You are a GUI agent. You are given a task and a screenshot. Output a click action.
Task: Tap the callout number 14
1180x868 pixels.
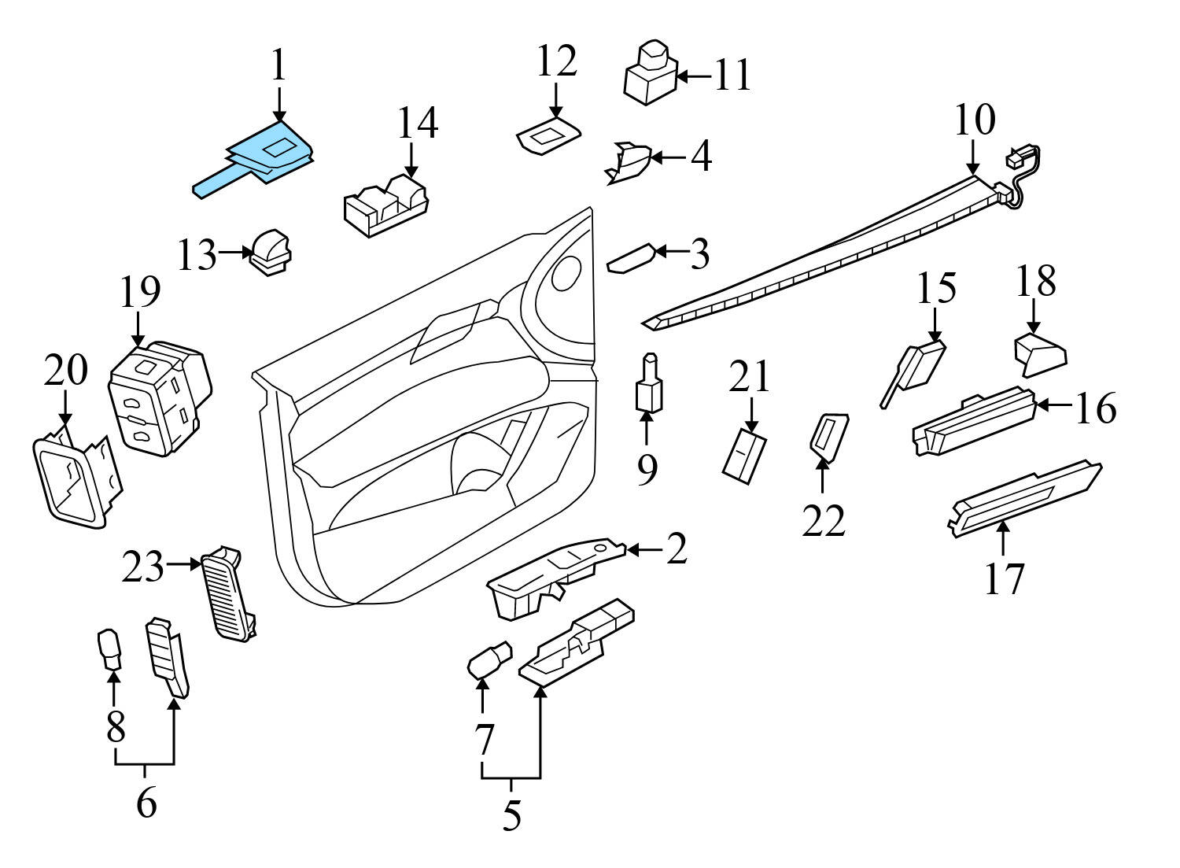pyautogui.click(x=416, y=124)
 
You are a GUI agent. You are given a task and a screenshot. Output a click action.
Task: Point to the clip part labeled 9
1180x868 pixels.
pyautogui.click(x=647, y=385)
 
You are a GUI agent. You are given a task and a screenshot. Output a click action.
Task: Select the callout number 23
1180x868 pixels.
pyautogui.click(x=143, y=567)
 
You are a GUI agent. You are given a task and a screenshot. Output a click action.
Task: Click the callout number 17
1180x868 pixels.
pyautogui.click(x=1005, y=578)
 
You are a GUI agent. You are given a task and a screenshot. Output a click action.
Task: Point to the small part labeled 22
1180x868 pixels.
pyautogui.click(x=828, y=434)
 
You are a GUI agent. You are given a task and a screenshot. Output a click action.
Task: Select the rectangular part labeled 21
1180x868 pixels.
pyautogui.click(x=744, y=453)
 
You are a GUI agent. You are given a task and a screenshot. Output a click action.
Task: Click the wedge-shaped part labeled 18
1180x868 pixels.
pyautogui.click(x=1039, y=353)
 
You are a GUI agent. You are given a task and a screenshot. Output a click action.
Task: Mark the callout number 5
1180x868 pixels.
pyautogui.click(x=511, y=817)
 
